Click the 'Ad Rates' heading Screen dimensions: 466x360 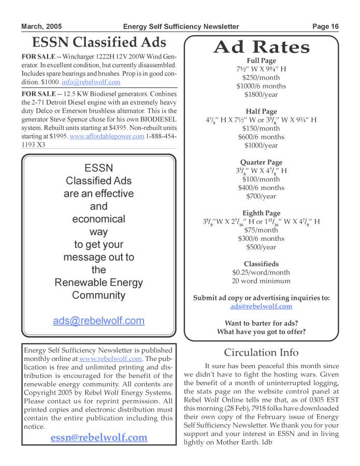262,47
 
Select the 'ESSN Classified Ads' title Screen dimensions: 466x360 99,42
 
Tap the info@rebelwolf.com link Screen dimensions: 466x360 98,82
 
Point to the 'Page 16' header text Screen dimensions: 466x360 325,26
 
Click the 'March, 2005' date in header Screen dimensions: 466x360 41,26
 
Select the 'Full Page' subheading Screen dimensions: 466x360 261,61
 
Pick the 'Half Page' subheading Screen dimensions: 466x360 261,112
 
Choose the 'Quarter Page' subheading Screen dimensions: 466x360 261,163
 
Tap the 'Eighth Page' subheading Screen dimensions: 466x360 261,213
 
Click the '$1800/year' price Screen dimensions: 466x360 261,95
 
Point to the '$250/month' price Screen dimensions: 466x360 261,78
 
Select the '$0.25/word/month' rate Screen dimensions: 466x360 261,272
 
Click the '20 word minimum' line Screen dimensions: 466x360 261,281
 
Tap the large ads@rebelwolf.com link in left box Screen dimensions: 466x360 98,321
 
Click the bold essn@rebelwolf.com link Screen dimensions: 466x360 99,438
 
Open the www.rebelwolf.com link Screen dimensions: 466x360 111,358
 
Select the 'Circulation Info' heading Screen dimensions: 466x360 261,353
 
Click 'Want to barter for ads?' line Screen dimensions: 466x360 261,323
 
